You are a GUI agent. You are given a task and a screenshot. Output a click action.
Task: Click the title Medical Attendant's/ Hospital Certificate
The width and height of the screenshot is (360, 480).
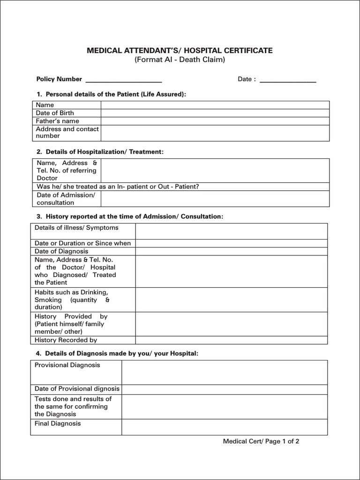pos(180,51)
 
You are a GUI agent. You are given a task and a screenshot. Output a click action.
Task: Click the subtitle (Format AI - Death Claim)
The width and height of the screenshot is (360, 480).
pos(180,60)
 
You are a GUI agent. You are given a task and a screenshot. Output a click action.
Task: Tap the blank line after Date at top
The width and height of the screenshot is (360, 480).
pos(288,80)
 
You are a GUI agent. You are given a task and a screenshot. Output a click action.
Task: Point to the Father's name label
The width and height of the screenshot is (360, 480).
pos(58,121)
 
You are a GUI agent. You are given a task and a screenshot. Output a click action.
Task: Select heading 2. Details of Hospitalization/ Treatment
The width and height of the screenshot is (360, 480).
pos(100,152)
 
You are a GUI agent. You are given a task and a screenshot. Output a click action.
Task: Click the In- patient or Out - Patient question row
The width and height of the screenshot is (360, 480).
pos(118,187)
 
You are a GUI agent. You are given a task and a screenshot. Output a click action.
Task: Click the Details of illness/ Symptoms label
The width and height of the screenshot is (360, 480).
pos(76,228)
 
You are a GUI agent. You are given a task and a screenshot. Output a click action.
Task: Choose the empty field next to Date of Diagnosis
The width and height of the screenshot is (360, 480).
pos(231,251)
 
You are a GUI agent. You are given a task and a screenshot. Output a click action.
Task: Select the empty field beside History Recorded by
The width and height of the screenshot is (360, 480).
pos(231,340)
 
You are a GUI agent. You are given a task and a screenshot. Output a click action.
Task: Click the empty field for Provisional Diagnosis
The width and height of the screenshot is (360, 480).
pos(225,372)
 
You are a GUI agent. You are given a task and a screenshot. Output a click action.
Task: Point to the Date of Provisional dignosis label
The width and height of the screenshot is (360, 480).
pos(77,389)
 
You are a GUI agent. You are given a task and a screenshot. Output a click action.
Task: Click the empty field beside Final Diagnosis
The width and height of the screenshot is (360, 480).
pos(225,427)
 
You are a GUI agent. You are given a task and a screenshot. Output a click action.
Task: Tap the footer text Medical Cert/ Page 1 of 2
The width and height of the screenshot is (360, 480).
pos(261,441)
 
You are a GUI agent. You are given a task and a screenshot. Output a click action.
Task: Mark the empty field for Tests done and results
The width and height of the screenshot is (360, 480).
pos(225,406)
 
